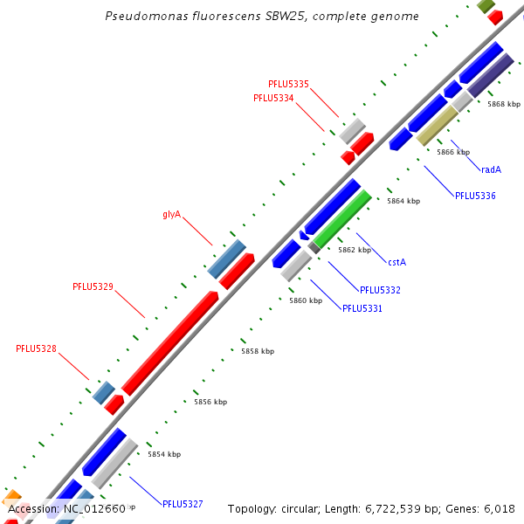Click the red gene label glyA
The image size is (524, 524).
[x=171, y=214]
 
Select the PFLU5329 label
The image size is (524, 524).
[x=93, y=286]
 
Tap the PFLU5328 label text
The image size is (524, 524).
[x=36, y=348]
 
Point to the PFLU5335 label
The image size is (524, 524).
[x=288, y=84]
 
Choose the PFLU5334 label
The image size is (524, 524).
[x=273, y=98]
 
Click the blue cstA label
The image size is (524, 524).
[x=397, y=261]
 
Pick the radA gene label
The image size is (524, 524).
[x=491, y=169]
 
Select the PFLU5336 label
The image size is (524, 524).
[x=475, y=196]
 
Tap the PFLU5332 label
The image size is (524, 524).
[x=380, y=289]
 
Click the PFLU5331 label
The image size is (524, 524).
[x=362, y=308]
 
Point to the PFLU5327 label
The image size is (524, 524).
[x=183, y=504]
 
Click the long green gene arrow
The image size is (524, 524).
[x=342, y=218]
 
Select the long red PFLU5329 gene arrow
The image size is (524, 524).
[x=170, y=341]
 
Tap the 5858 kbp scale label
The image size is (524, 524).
[x=258, y=351]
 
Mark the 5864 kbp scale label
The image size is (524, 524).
[x=403, y=201]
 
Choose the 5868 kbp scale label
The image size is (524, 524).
[x=504, y=104]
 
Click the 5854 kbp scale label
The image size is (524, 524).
[x=164, y=454]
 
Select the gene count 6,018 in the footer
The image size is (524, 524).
[x=498, y=508]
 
